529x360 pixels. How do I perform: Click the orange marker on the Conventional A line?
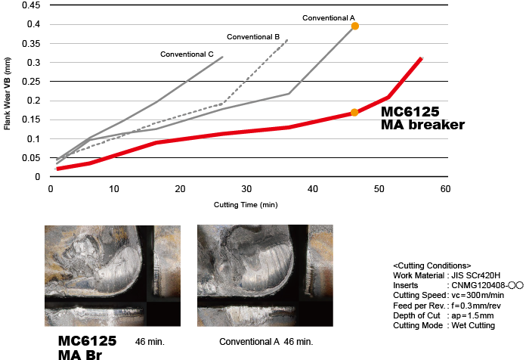tap(354, 26)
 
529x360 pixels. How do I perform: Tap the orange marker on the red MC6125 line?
tap(354, 113)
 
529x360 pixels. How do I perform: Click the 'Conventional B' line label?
tap(253, 36)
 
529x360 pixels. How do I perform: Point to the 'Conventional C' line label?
tap(187, 54)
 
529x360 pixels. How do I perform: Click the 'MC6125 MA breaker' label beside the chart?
tap(422, 118)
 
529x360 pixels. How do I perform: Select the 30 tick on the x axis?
tap(246, 189)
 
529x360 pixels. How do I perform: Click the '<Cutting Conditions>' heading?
tap(432, 265)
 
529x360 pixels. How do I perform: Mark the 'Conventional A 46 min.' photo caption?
tap(264, 342)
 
